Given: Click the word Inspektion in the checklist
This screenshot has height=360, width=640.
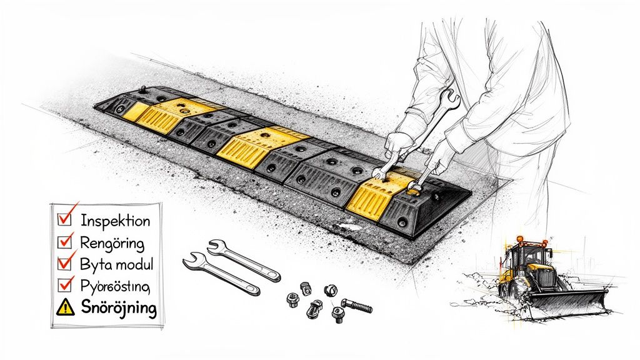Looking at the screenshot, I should [115, 221].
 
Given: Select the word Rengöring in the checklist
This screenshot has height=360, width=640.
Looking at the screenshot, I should [112, 242].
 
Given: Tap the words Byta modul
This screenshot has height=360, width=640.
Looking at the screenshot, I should [117, 264].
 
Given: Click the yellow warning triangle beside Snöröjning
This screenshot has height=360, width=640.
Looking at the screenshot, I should [65, 307].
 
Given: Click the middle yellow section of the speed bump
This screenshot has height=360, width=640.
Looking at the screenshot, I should [252, 143].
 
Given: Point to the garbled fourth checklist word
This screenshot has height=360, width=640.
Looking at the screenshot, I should [115, 286].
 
